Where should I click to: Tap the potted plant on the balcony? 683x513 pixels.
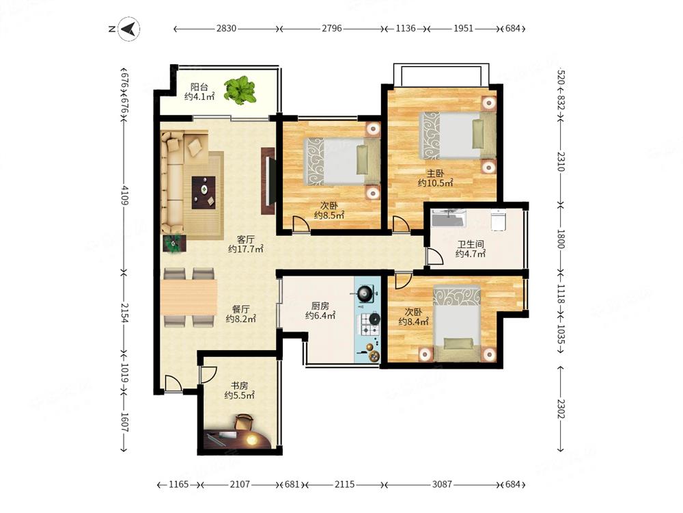(239, 90)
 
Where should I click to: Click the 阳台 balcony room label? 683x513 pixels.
(199, 87)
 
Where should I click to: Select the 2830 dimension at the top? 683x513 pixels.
(226, 29)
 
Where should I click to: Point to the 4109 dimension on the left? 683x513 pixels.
(124, 195)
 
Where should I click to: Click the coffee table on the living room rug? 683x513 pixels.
(204, 192)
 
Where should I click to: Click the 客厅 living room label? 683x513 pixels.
(246, 239)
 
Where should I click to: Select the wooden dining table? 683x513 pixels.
(189, 297)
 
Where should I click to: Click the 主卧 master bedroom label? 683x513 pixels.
(435, 174)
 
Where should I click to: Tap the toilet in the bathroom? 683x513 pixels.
(497, 220)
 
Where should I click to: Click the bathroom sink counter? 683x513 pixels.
(448, 218)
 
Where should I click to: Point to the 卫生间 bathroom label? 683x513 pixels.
(471, 244)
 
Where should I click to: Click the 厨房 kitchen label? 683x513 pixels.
(320, 306)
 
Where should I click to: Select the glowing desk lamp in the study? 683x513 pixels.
(251, 440)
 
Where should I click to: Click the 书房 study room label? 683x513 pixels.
(239, 386)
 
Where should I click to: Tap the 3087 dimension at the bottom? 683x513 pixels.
(442, 484)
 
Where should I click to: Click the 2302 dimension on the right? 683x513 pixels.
(561, 408)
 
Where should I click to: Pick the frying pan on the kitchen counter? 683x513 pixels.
(364, 293)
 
